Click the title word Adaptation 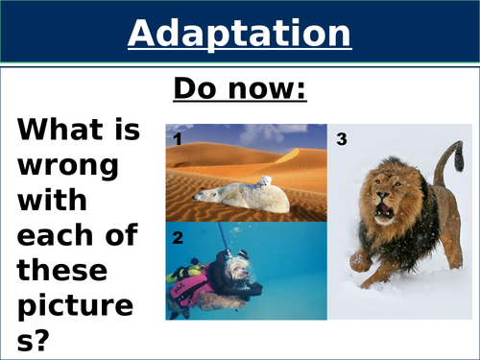(x=239, y=34)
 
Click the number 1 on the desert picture (x=178, y=138)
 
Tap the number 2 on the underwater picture (x=178, y=235)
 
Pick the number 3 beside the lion (x=343, y=139)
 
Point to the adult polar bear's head (x=204, y=195)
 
